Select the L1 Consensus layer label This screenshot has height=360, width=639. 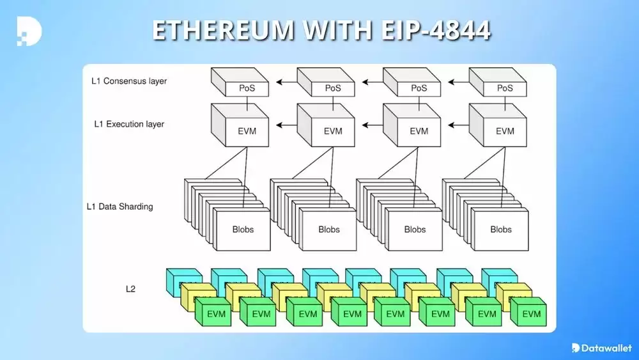click(x=128, y=81)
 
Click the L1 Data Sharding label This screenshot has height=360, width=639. click(x=119, y=207)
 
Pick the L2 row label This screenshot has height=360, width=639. click(x=130, y=288)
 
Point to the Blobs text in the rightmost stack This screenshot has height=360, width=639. click(x=501, y=229)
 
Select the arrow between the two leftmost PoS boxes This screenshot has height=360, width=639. click(x=286, y=82)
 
